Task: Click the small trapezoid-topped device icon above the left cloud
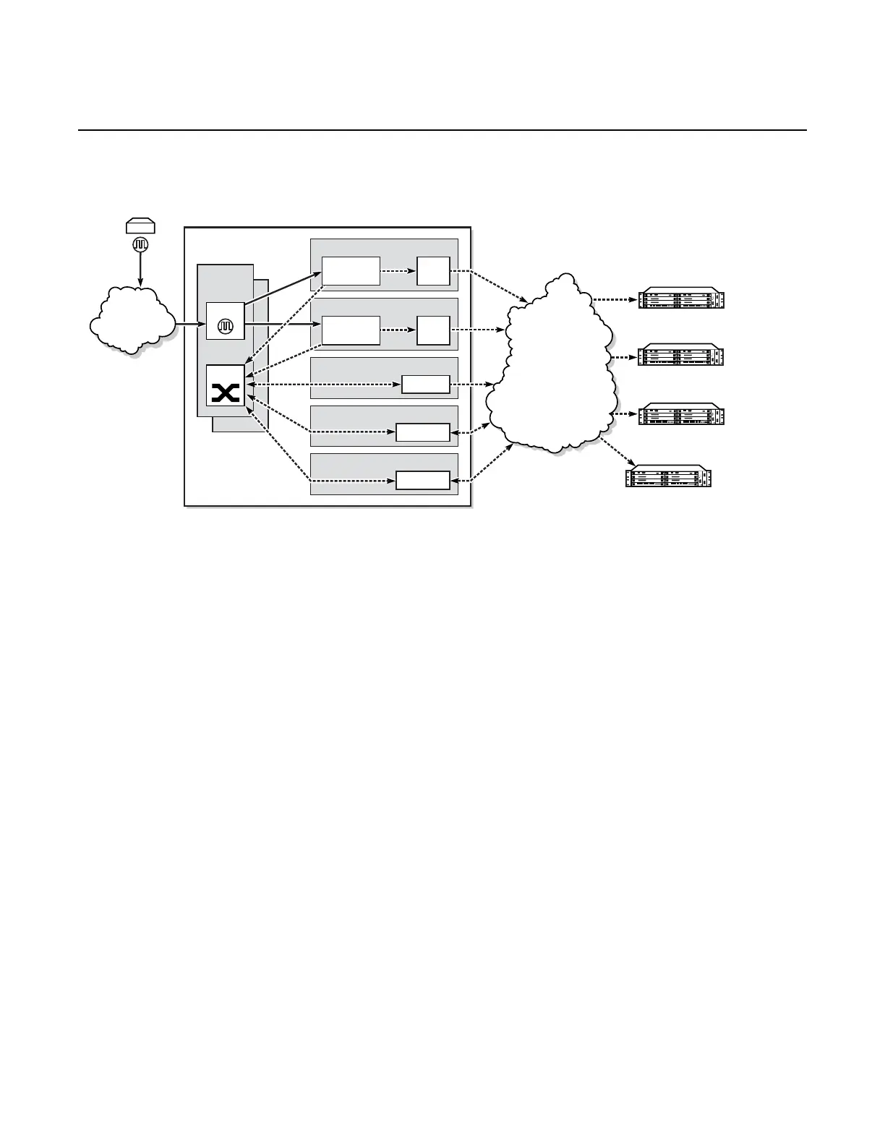[140, 226]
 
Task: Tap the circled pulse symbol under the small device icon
[140, 244]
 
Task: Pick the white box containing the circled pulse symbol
[226, 320]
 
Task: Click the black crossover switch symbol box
[226, 385]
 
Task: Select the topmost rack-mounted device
[681, 299]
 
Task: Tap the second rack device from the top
[681, 356]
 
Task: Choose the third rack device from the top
[681, 414]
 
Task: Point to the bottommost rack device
[669, 476]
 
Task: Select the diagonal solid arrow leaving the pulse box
[282, 289]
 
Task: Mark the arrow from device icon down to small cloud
[140, 269]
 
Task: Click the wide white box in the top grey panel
[351, 271]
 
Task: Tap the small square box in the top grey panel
[433, 271]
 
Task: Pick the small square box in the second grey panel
[433, 330]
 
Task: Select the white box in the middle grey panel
[425, 385]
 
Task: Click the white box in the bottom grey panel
[423, 481]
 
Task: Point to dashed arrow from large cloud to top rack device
[615, 298]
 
